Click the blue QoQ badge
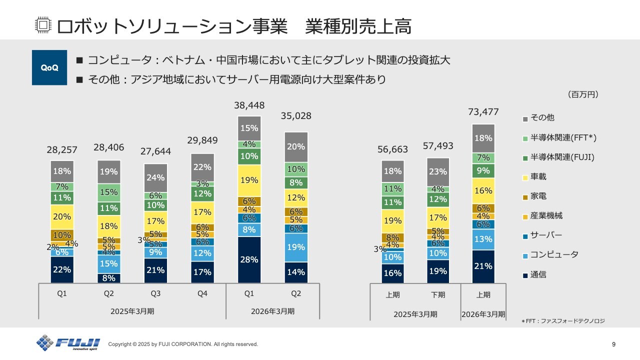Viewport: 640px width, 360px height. pos(49,67)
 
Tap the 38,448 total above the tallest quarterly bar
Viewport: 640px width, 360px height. pos(249,105)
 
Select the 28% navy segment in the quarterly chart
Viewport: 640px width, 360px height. pos(249,259)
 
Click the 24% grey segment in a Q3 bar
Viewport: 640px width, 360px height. pos(155,177)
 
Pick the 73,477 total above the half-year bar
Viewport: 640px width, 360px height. pos(483,112)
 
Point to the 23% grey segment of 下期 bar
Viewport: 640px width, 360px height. pos(438,171)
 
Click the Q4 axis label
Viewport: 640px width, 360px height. pos(202,294)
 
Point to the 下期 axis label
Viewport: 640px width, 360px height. pos(438,294)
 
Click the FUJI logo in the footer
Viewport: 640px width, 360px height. pos(68,343)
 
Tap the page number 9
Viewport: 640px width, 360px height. pos(613,344)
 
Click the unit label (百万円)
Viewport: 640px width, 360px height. pos(583,94)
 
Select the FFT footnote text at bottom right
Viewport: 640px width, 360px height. pos(563,321)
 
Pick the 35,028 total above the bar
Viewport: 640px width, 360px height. pos(296,116)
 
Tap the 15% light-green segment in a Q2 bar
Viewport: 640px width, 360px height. pos(109,192)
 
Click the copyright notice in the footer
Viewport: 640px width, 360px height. pos(183,344)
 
